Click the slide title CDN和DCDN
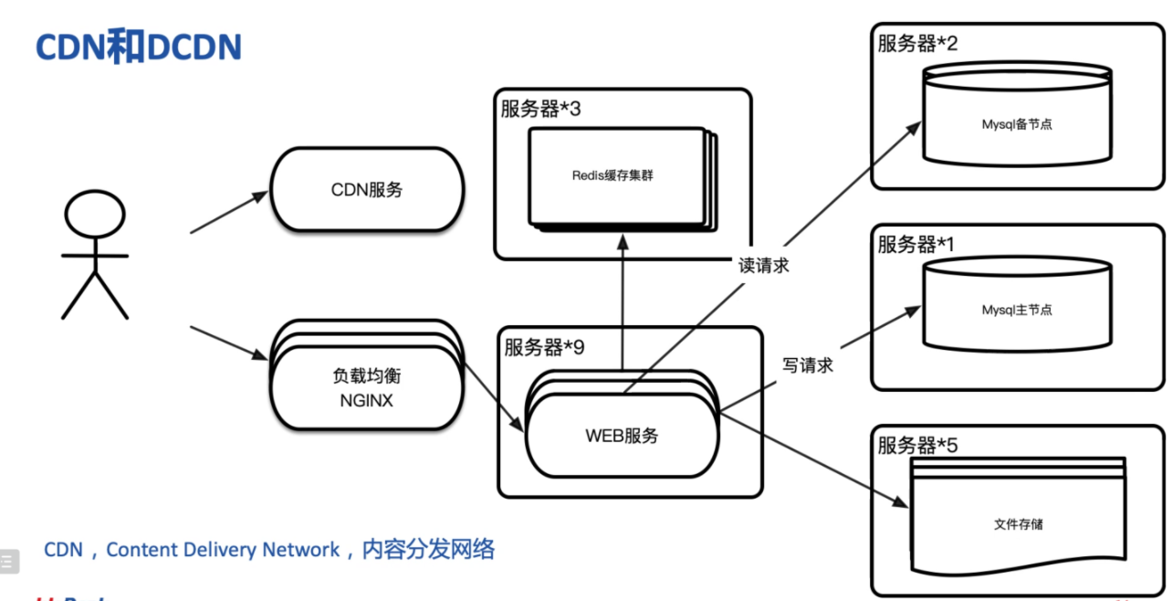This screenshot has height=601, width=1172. point(138,47)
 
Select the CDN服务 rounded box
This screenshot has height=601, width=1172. point(367,190)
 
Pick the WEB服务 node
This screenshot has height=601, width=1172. point(622,437)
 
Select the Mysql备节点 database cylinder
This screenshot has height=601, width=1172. point(1016,123)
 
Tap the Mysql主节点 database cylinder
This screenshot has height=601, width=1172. point(1016,310)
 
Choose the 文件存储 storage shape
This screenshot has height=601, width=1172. point(1018,524)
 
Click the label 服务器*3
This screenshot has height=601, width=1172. point(541,110)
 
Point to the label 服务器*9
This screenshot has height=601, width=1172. point(545,348)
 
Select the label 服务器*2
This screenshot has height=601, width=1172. point(917,43)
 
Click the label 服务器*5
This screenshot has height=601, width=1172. point(917,446)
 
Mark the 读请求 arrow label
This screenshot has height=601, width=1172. point(764,266)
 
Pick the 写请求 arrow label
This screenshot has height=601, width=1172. point(808,365)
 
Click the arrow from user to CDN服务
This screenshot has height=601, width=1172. point(228,212)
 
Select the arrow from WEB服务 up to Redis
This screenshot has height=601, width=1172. point(623,301)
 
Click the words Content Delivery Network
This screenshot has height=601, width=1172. point(223,550)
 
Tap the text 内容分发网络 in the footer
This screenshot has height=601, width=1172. point(428,549)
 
